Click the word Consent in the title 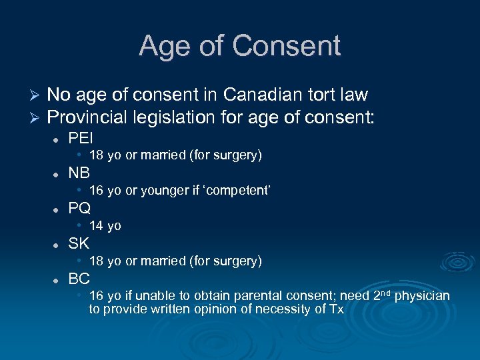287,46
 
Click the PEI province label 81,138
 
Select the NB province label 79,173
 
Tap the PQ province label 80,209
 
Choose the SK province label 79,243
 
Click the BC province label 79,279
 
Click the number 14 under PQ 96,226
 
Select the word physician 422,295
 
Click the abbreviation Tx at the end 337,309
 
